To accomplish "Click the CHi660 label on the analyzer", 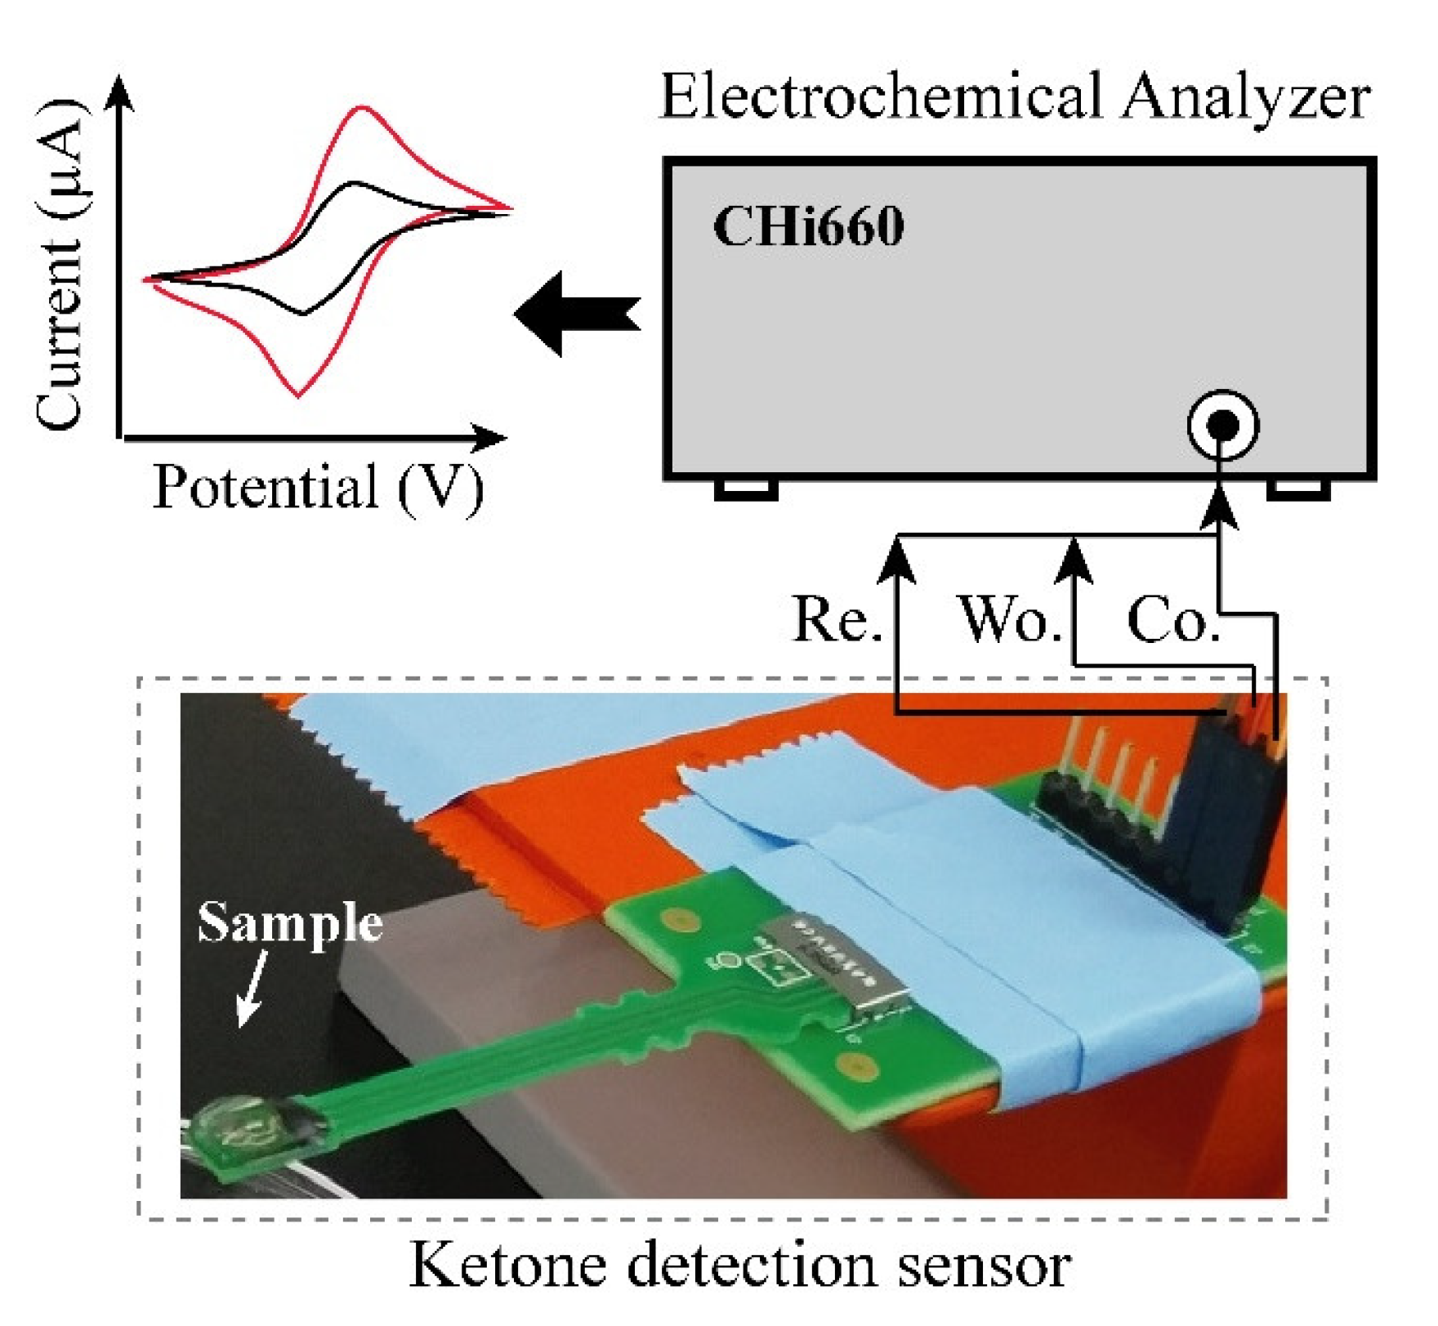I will click(x=808, y=226).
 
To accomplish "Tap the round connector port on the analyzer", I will click(x=1222, y=425).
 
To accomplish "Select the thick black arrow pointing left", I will click(x=577, y=314).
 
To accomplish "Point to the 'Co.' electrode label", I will click(x=1172, y=620).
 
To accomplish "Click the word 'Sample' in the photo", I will click(x=290, y=922).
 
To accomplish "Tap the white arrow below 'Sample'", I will click(x=252, y=988).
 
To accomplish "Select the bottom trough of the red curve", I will click(x=299, y=395).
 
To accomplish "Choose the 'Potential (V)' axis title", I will click(x=318, y=488).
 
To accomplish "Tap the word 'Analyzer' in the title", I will click(x=1245, y=96).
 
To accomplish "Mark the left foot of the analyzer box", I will click(x=745, y=489).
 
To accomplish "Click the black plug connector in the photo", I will click(x=1226, y=825).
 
